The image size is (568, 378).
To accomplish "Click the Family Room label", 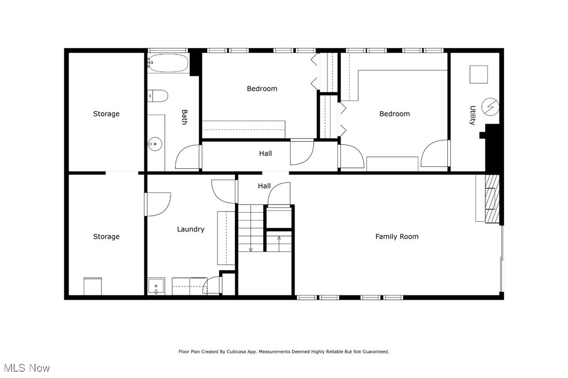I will click(x=396, y=236).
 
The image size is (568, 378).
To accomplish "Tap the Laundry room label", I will click(x=190, y=229).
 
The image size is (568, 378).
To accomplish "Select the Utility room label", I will click(x=472, y=115).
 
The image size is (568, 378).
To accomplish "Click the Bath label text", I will click(x=184, y=117).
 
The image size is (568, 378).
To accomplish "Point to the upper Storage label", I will click(x=106, y=113).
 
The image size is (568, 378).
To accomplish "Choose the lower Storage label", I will click(x=106, y=236).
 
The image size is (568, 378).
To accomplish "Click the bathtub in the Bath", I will click(x=167, y=63).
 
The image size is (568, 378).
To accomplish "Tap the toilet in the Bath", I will click(x=157, y=95).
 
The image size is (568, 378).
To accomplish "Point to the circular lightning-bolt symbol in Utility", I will click(x=490, y=107).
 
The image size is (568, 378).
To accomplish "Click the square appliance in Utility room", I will click(x=478, y=74).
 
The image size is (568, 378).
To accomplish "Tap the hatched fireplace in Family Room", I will click(x=492, y=199).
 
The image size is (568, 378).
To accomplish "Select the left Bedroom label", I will click(x=262, y=88).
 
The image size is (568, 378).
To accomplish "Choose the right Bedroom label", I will click(x=394, y=113).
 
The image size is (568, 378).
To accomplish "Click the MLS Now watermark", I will click(x=26, y=368).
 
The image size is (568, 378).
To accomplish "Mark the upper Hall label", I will click(x=265, y=153).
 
